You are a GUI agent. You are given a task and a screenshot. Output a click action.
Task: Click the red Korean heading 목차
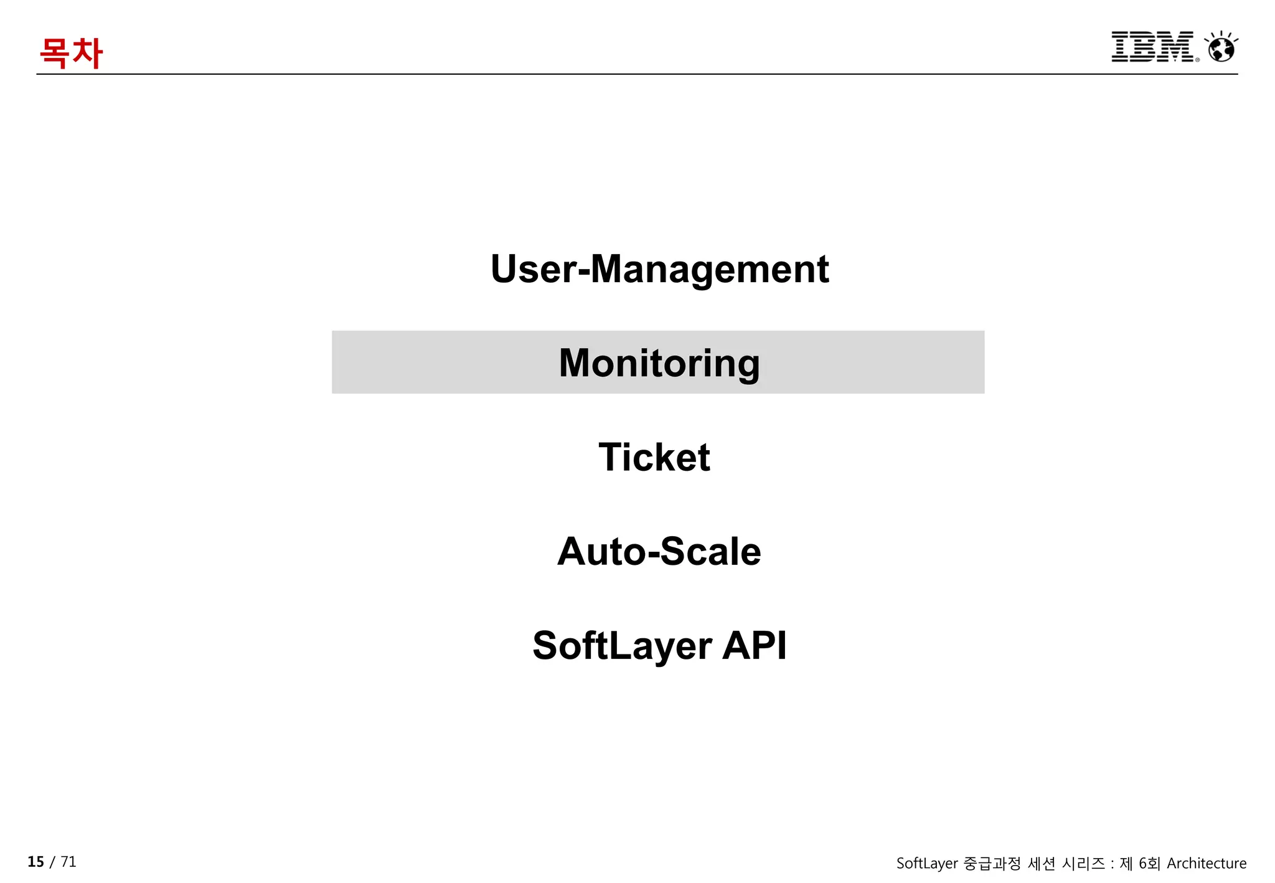pos(71,52)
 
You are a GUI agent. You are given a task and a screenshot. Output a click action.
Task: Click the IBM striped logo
pos(1152,47)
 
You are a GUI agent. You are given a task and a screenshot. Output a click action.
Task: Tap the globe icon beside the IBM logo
pos(1221,47)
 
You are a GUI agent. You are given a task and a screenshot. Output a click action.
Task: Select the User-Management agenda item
pos(659,269)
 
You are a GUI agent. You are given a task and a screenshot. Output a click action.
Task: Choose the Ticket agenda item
pos(654,457)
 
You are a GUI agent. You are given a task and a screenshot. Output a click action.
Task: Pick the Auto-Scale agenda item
pos(659,552)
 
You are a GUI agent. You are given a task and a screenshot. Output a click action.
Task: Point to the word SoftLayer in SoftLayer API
pos(622,646)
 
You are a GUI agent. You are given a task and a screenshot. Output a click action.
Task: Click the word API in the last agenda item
pos(755,646)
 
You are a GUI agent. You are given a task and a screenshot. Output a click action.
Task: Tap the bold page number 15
pos(35,862)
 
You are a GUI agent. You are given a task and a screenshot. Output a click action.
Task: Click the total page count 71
pos(68,862)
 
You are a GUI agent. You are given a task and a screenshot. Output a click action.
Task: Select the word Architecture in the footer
pos(1207,864)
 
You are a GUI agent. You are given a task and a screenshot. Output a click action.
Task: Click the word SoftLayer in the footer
pos(927,864)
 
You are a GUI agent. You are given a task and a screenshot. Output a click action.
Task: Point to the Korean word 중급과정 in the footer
pos(992,864)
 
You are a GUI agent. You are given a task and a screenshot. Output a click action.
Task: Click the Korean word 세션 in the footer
pos(1042,864)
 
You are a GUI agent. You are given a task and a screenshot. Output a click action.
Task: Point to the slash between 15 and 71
pos(52,862)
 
